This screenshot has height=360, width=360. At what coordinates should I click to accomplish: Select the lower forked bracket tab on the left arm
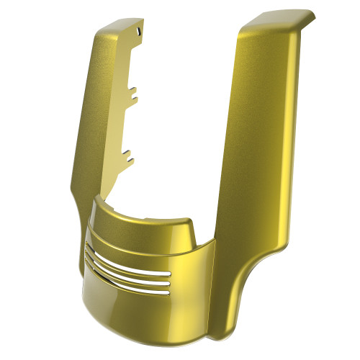point(129,153)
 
